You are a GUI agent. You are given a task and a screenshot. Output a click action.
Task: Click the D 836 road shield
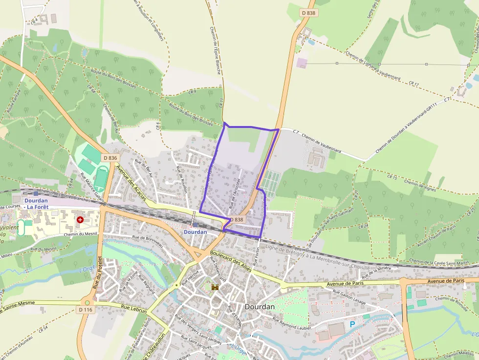(110, 158)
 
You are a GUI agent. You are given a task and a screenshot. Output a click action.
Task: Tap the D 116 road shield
(85, 310)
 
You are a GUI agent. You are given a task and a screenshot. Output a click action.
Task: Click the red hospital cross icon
(79, 220)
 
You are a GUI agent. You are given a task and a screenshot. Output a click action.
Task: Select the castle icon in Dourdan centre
(214, 287)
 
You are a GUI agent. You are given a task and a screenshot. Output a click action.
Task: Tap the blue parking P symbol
(352, 324)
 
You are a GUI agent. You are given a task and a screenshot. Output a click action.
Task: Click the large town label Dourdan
(259, 307)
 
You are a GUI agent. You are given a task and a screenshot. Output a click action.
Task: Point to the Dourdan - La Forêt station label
(36, 203)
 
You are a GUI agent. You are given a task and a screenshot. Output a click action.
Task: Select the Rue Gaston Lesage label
(349, 296)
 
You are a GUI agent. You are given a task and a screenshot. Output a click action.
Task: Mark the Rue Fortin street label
(255, 255)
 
